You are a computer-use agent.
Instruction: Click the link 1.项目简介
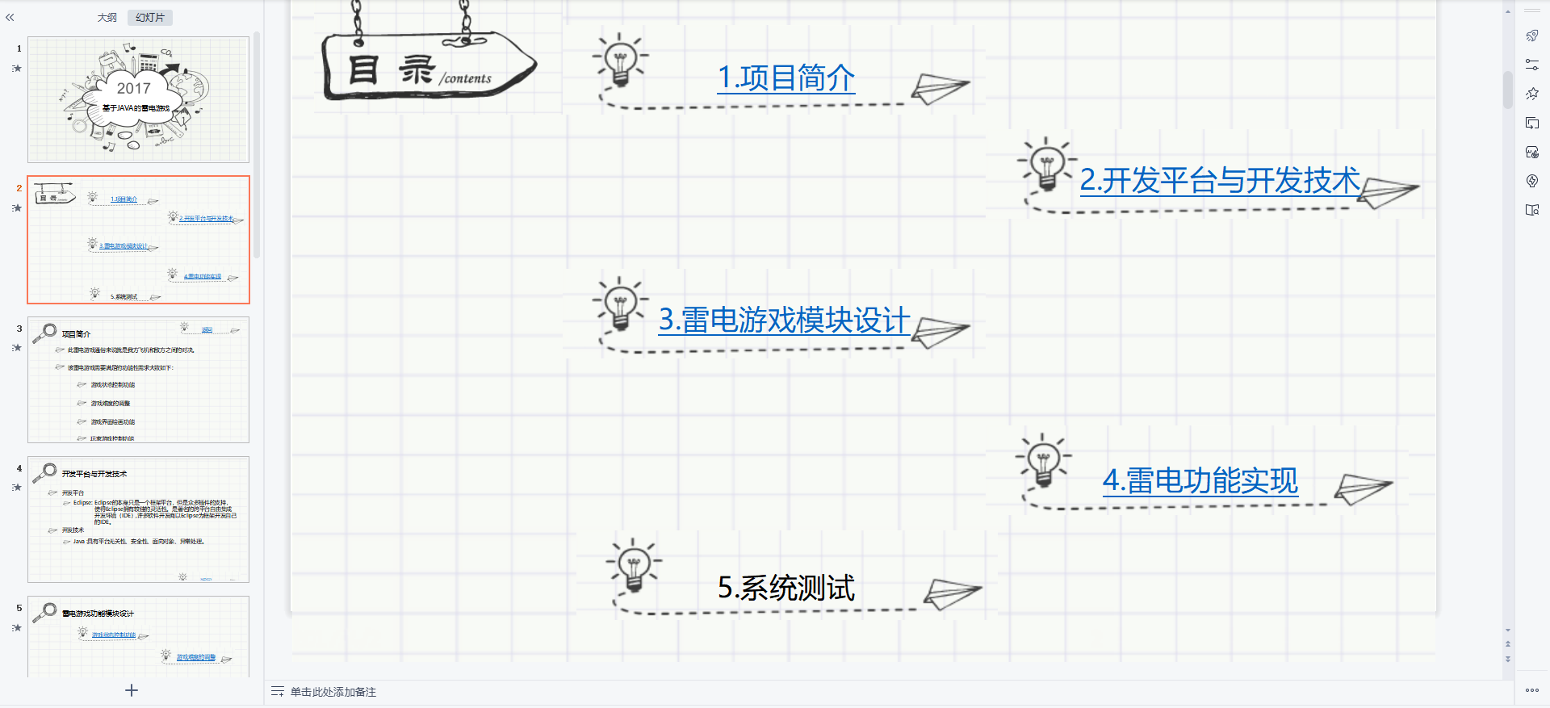point(785,78)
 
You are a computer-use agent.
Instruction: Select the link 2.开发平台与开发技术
point(1220,181)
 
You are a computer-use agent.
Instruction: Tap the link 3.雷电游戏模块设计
point(784,320)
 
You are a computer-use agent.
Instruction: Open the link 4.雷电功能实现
point(1200,481)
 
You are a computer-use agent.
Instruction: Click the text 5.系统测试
point(785,588)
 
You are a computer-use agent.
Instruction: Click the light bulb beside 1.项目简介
point(620,61)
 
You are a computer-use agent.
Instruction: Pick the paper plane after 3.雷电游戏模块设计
point(940,331)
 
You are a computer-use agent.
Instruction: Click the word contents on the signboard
point(467,78)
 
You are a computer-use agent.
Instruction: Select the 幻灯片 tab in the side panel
point(150,18)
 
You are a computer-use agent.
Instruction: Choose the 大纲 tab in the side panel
point(107,18)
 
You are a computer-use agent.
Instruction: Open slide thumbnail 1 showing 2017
point(138,99)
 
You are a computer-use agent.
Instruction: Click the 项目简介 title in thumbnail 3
point(77,334)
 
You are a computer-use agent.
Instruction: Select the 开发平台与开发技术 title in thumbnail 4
point(94,474)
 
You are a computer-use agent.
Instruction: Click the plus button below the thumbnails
point(132,690)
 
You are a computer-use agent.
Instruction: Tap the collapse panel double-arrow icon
point(10,17)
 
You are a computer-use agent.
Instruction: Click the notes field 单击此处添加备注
point(333,692)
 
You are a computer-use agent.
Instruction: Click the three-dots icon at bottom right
point(1531,690)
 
